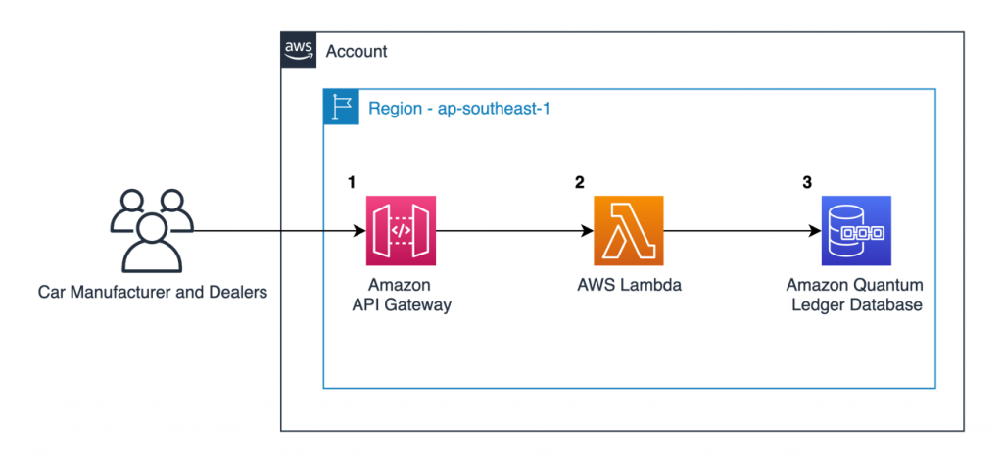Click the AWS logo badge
coord(298,49)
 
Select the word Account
coord(357,50)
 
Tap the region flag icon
coord(341,106)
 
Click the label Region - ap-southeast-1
coord(458,107)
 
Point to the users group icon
coord(153,230)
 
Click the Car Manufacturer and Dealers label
coord(152,292)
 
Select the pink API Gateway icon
coord(401,231)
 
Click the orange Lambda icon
coord(628,231)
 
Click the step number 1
coord(352,182)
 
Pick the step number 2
coord(579,182)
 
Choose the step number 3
coord(807,182)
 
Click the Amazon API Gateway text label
coord(401,295)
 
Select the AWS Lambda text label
coord(628,285)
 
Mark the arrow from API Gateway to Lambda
coord(514,232)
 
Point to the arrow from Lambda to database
coord(742,232)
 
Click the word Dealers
coord(238,292)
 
